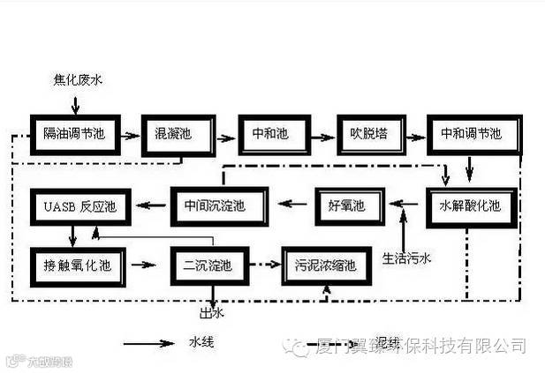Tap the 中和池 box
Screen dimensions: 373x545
pyautogui.click(x=271, y=134)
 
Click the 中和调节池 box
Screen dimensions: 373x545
pyautogui.click(x=471, y=134)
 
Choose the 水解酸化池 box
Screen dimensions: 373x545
pyautogui.click(x=469, y=206)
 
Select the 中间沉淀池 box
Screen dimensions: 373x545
pyautogui.click(x=215, y=206)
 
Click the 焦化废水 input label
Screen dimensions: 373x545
pyautogui.click(x=78, y=80)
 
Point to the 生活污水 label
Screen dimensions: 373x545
pyautogui.click(x=405, y=258)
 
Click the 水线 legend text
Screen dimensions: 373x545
pyautogui.click(x=201, y=341)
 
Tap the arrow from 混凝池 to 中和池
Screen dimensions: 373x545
pyautogui.click(x=226, y=134)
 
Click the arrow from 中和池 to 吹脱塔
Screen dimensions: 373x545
pyautogui.click(x=320, y=134)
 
